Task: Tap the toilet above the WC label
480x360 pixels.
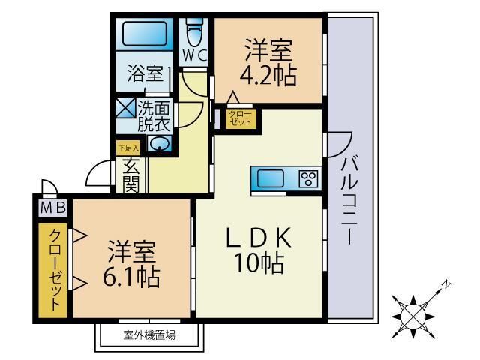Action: click(x=193, y=31)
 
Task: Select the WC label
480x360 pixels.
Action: click(x=195, y=55)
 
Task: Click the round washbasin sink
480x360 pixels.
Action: click(x=161, y=143)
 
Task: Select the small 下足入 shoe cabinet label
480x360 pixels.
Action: click(x=127, y=148)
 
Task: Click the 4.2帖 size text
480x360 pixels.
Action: click(x=268, y=76)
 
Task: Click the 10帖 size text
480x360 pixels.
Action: click(x=257, y=263)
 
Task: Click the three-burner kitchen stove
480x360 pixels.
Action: click(x=308, y=178)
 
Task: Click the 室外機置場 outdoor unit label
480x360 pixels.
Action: click(x=150, y=334)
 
